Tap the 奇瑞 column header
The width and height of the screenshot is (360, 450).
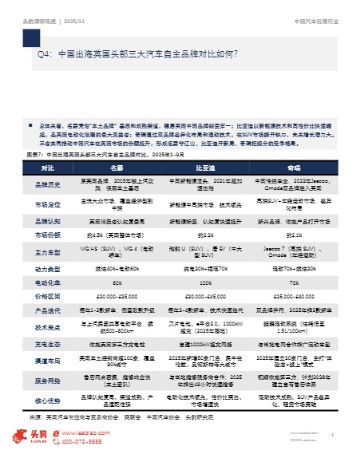pyautogui.click(x=293, y=168)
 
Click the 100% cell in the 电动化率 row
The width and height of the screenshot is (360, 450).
pyautogui.click(x=203, y=282)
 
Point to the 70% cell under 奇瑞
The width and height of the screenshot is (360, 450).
pyautogui.click(x=293, y=282)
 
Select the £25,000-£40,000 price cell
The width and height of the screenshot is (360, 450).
pyautogui.click(x=293, y=294)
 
